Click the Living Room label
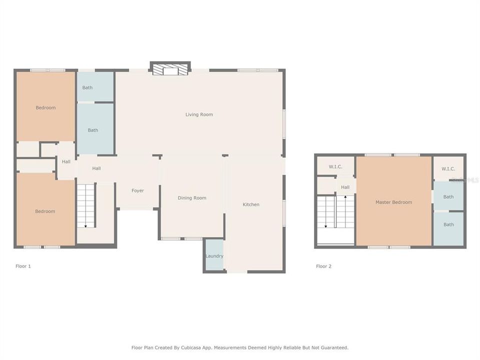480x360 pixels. point(199,114)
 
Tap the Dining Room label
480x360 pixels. point(192,198)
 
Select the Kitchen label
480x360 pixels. point(251,204)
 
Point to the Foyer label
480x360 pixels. point(137,190)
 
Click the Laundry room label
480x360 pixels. point(214,256)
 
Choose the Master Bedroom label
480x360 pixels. point(394,202)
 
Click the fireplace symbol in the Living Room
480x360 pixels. point(170,69)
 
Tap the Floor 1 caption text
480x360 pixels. point(23,266)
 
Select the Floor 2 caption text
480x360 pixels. point(323,266)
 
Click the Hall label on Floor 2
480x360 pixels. point(345,187)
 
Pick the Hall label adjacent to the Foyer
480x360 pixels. point(96,168)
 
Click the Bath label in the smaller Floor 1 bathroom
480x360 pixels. point(87,87)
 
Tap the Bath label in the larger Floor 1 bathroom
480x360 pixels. point(93,130)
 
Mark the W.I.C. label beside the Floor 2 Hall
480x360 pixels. point(335,166)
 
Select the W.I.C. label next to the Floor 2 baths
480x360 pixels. point(448,168)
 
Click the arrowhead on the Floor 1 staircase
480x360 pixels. point(85,226)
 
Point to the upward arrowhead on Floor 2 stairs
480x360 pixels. point(344,197)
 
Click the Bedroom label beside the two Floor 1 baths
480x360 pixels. point(45,107)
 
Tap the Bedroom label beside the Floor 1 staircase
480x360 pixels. point(45,211)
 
